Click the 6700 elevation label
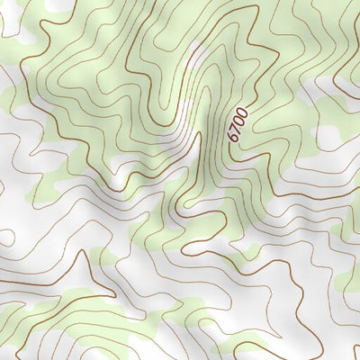pyautogui.click(x=238, y=124)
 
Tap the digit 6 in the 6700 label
pyautogui.click(x=234, y=138)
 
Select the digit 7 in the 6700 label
pyautogui.click(x=237, y=129)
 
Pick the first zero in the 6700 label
pyautogui.click(x=239, y=121)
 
